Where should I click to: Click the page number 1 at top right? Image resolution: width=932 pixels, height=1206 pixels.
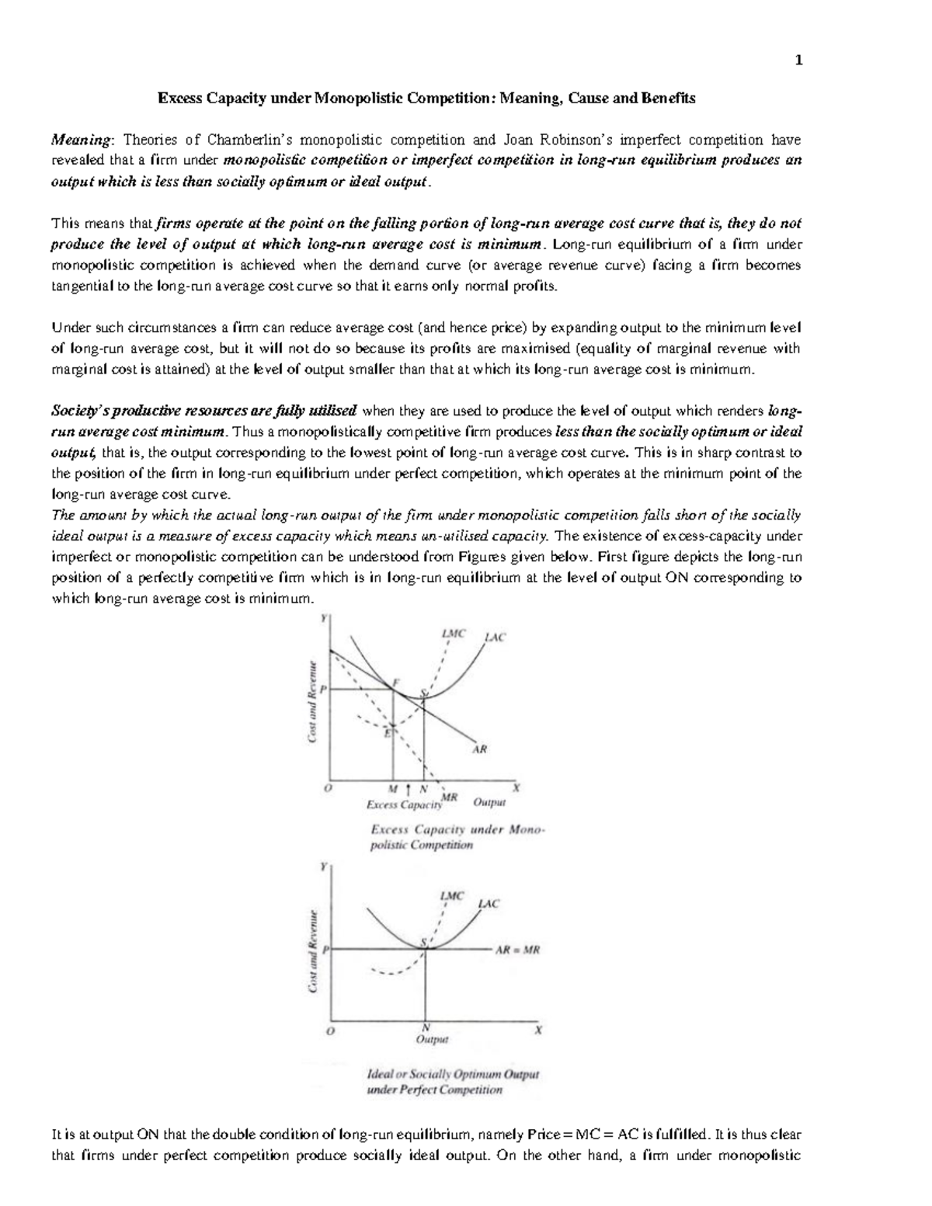(798, 61)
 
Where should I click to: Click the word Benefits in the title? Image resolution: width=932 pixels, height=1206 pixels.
(667, 99)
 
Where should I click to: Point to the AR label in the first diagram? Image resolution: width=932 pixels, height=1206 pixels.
(480, 750)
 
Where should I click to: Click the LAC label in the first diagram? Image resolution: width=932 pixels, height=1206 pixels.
(495, 637)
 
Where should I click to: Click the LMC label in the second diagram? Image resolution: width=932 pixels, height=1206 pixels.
(452, 895)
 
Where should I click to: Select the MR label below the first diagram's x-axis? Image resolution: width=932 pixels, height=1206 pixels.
(448, 797)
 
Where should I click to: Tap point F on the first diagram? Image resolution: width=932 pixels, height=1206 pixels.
(396, 683)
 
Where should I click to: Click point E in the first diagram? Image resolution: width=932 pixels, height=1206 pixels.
(388, 733)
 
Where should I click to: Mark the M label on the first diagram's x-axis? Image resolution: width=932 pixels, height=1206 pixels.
(393, 788)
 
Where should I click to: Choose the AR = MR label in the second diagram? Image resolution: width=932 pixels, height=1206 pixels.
(517, 950)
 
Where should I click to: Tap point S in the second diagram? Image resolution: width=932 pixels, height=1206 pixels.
(424, 942)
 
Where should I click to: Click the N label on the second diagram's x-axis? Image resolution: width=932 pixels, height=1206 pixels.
(426, 1027)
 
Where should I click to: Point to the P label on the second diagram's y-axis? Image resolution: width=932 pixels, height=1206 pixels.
(325, 950)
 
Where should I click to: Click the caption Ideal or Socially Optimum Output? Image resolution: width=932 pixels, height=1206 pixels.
(453, 1075)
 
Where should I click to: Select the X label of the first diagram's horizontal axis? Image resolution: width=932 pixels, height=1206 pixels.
(515, 787)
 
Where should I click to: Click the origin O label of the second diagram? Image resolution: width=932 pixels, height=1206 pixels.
(331, 1032)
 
